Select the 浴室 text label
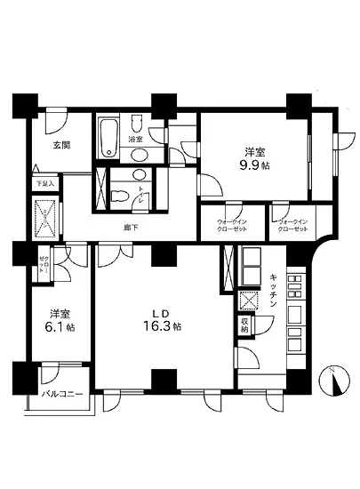(x=135, y=140)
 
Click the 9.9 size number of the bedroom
(x=251, y=165)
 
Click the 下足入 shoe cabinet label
(x=44, y=183)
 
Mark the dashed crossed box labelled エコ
(x=44, y=216)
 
